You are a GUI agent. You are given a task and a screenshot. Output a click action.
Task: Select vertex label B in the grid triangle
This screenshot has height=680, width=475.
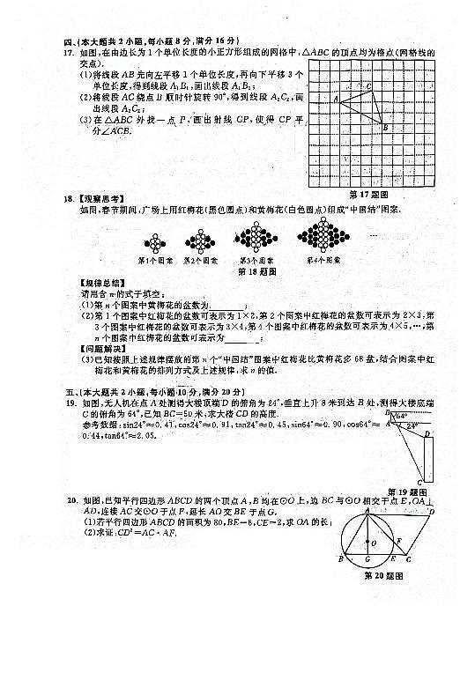coord(385,129)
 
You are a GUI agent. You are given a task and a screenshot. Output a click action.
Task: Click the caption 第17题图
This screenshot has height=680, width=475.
coord(370,194)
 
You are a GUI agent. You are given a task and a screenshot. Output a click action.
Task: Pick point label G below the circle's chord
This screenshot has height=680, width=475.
coord(368,561)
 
